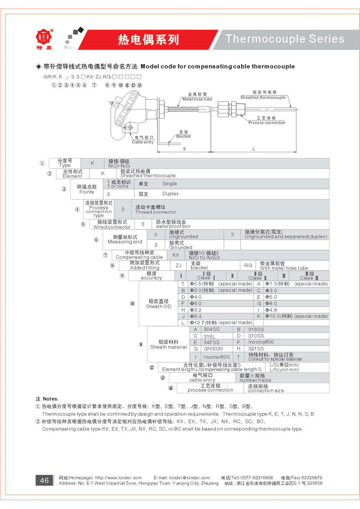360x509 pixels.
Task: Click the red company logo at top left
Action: coord(44,37)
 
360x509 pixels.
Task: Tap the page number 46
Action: coord(44,480)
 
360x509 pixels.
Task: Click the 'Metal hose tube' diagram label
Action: coord(197,99)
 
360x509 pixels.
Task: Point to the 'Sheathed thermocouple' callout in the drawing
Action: coord(263,97)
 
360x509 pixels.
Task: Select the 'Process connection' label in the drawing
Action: coord(267,122)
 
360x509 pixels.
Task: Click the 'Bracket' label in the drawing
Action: coord(183,136)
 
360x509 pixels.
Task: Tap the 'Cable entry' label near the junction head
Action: coord(143,142)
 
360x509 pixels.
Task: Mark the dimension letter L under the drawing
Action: coord(253,149)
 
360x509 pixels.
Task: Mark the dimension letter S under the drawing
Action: coord(185,149)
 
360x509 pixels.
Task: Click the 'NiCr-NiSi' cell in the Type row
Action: coord(119,166)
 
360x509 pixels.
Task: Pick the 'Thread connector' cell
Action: coord(156,212)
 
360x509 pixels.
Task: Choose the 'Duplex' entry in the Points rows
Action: coord(170,194)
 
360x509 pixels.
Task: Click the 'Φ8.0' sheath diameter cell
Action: coord(271,303)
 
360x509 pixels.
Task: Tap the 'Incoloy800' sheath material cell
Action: coord(261,342)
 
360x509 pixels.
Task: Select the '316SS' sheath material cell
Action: coord(256,329)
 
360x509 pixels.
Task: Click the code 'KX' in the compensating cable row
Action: coord(176,255)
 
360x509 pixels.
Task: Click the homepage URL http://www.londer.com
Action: coord(118,478)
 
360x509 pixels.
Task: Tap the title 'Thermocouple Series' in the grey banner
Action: coord(285,39)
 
